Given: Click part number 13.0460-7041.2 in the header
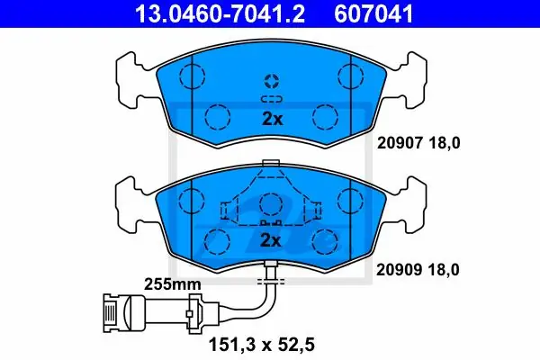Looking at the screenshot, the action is pyautogui.click(x=220, y=13).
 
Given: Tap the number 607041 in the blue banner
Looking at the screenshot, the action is pyautogui.click(x=373, y=13).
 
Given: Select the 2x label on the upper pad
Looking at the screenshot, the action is pyautogui.click(x=272, y=119).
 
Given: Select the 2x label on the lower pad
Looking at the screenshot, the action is pyautogui.click(x=271, y=240).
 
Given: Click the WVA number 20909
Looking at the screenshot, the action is pyautogui.click(x=399, y=269).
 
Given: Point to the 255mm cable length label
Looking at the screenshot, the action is pyautogui.click(x=172, y=284).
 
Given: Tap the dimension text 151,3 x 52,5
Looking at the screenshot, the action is pyautogui.click(x=262, y=345).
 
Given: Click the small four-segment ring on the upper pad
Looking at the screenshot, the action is pyautogui.click(x=272, y=81).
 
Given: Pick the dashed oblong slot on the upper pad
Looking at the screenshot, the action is pyautogui.click(x=272, y=99).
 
